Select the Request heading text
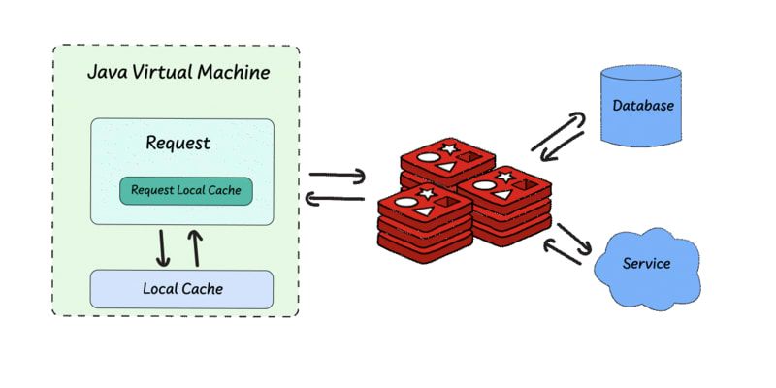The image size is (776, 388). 178,144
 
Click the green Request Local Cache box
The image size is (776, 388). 185,190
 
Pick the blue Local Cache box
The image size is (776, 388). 182,288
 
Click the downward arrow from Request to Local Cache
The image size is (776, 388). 163,247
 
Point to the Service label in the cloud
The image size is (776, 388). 646,263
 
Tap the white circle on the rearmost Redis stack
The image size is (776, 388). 430,156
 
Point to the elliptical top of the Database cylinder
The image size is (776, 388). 635,75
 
